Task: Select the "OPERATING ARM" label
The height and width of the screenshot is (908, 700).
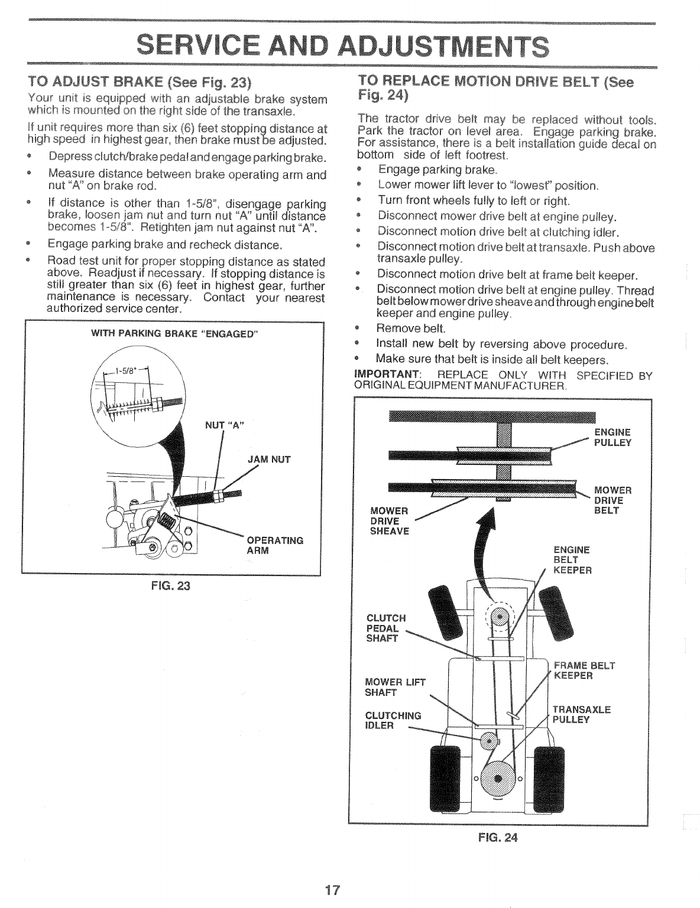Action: tap(274, 545)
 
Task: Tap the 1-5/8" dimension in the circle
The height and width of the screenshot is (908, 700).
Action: tap(126, 372)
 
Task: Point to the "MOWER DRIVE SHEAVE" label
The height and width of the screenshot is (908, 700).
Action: tap(389, 520)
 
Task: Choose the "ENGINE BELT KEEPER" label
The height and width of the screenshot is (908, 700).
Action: tap(572, 560)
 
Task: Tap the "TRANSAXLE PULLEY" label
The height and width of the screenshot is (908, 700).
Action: tap(581, 715)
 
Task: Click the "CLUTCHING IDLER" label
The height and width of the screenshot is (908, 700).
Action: tap(394, 720)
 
